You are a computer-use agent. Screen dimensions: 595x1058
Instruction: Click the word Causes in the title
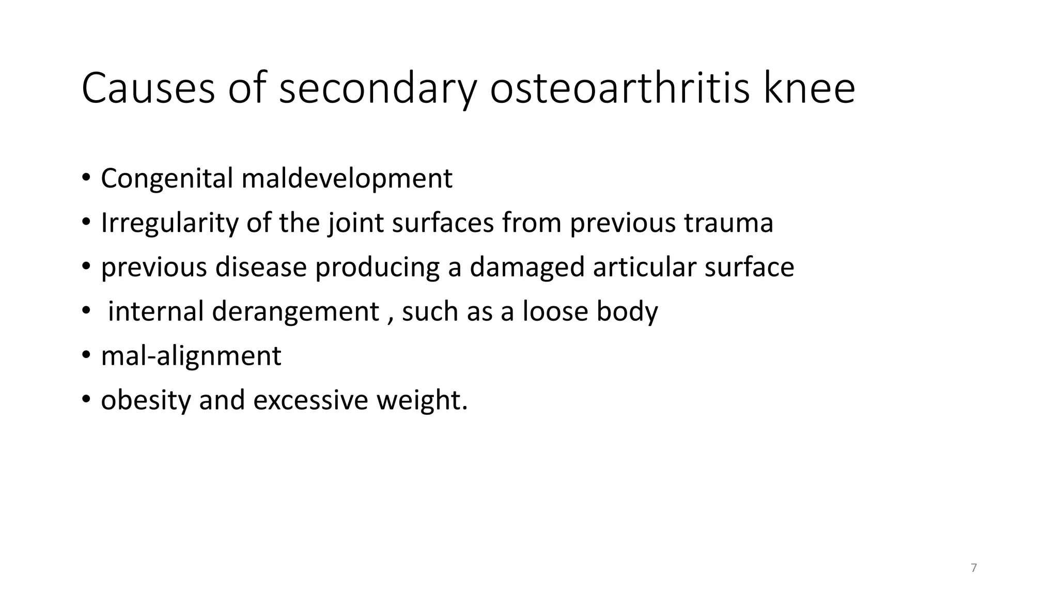pos(148,89)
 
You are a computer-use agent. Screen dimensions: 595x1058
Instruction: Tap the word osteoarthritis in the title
pos(619,89)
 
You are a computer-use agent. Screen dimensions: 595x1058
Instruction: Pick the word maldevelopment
pos(347,179)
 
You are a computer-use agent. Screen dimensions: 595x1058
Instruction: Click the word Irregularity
pos(169,223)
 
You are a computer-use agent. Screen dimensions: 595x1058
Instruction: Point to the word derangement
pos(295,312)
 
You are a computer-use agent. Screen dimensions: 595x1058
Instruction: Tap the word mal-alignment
pos(191,356)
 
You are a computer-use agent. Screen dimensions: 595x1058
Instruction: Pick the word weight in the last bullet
pos(421,401)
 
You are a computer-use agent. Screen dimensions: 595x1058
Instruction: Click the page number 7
pos(974,568)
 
